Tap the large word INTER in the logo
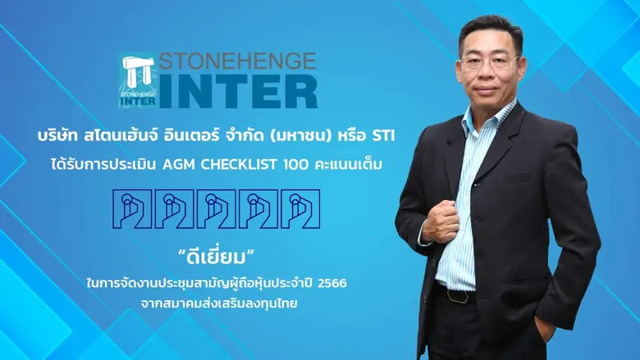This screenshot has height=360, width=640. (239, 92)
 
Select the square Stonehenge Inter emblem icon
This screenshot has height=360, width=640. (137, 81)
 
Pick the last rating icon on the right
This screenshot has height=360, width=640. (299, 211)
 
